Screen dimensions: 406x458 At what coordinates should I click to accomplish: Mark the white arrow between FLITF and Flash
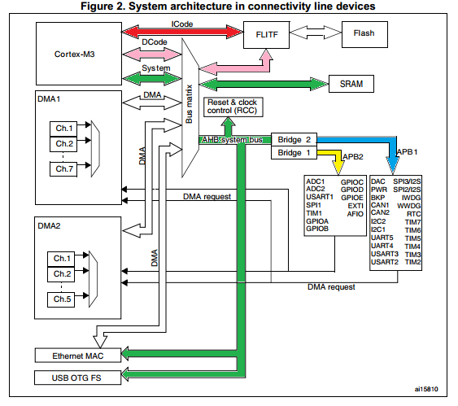(x=318, y=35)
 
